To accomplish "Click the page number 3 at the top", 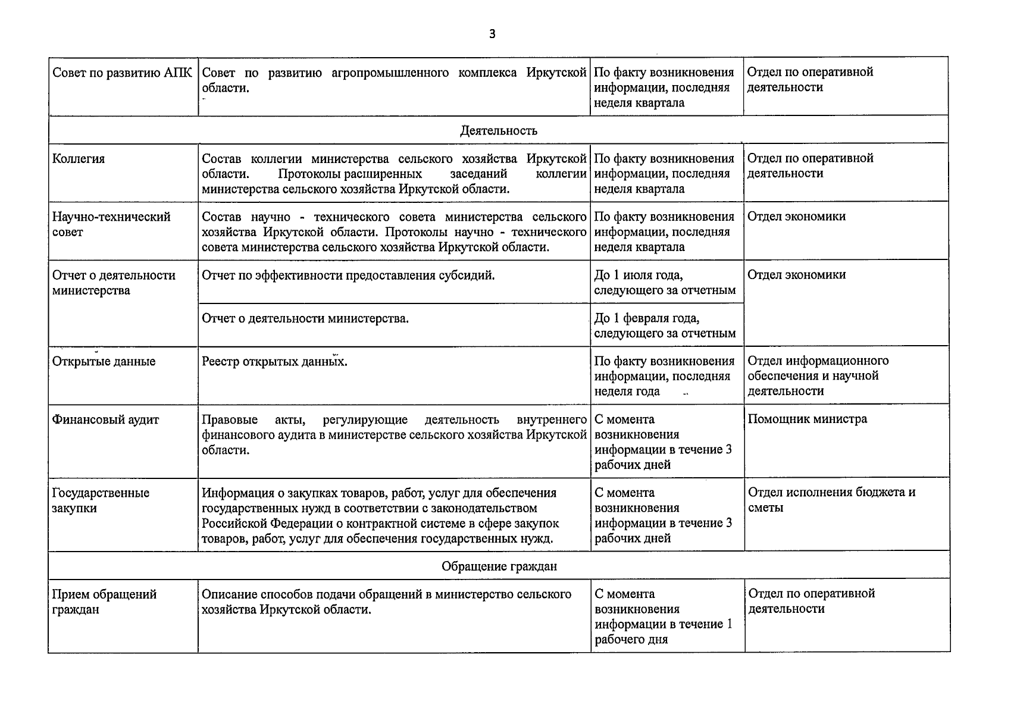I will click(x=492, y=34).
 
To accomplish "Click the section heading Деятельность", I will click(x=498, y=130).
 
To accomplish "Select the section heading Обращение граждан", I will click(x=499, y=566).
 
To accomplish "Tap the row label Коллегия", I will click(x=79, y=159).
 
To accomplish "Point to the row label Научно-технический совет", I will click(x=111, y=224).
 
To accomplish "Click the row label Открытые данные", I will click(x=104, y=362).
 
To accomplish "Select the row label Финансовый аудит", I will click(x=105, y=419).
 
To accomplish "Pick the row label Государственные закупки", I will click(x=101, y=500).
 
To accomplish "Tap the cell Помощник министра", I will click(x=807, y=419).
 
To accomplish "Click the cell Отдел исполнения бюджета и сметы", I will click(x=831, y=500).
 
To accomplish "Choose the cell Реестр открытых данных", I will click(x=274, y=362).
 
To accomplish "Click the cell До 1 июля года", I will click(x=664, y=283).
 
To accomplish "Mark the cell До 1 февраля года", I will click(x=664, y=325).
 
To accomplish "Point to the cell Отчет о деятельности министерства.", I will click(x=305, y=318).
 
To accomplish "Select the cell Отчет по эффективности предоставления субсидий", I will click(x=348, y=275).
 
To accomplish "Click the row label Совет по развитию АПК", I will click(x=122, y=73).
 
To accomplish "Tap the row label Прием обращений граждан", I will click(x=104, y=602).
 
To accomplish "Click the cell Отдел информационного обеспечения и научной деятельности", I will click(x=818, y=375).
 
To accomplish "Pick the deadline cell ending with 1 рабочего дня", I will click(x=663, y=616).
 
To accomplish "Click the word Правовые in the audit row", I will click(x=230, y=419).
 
